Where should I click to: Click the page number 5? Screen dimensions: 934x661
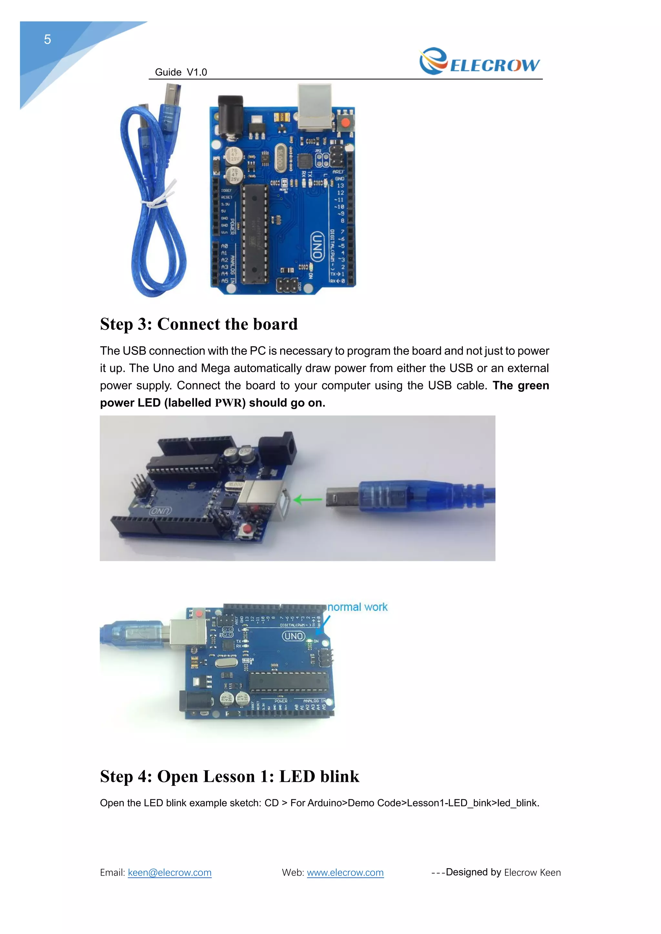[x=48, y=39]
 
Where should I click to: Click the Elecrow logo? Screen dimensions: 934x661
[x=480, y=62]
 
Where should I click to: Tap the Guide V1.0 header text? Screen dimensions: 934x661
[x=181, y=73]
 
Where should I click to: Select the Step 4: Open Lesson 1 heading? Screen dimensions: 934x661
[x=229, y=776]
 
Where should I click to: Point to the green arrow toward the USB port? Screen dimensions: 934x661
[x=307, y=500]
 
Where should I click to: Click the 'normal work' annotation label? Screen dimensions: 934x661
[x=357, y=607]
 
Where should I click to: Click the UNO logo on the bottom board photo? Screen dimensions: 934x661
[x=293, y=636]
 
